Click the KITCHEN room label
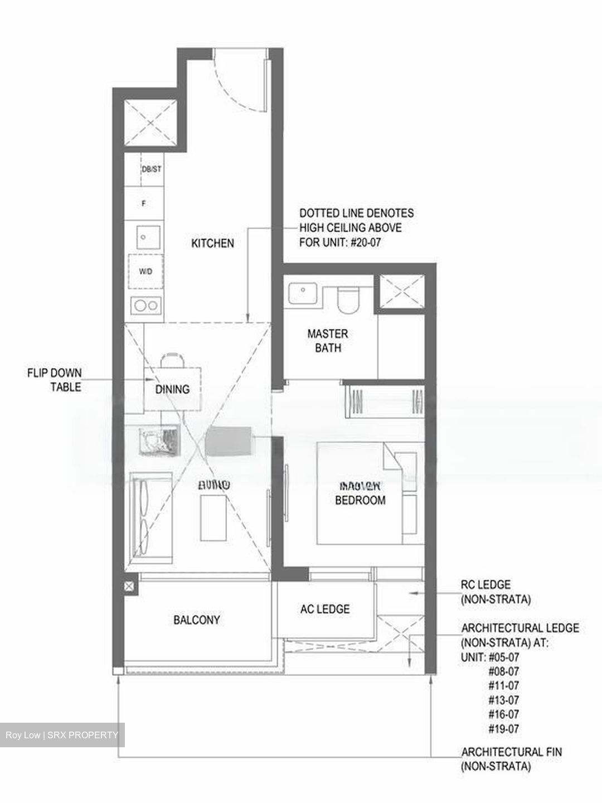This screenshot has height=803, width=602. [x=212, y=243]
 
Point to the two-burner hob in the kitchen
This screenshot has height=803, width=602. [x=146, y=305]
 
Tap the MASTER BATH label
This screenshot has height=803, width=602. [x=328, y=341]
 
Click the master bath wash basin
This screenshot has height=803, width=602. [x=303, y=293]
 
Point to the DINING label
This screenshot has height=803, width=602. [x=172, y=389]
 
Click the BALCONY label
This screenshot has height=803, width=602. [x=196, y=620]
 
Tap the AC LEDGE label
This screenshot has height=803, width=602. [x=325, y=609]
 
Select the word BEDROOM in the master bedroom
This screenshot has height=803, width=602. [x=360, y=500]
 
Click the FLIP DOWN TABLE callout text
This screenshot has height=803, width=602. [x=54, y=380]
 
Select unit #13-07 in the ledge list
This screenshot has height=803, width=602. [x=503, y=700]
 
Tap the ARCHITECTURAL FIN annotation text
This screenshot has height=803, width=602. [x=511, y=759]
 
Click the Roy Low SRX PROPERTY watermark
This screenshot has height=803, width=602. [x=62, y=735]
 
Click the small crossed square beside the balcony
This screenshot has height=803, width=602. [x=129, y=586]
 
